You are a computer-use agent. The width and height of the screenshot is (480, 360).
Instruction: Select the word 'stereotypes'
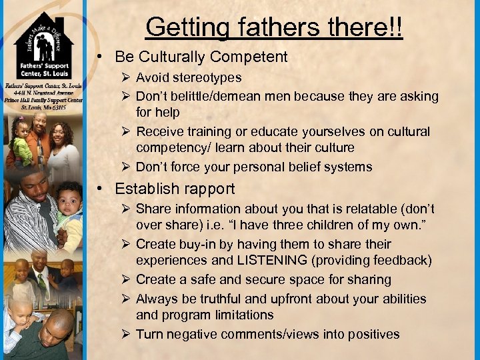click(208, 78)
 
